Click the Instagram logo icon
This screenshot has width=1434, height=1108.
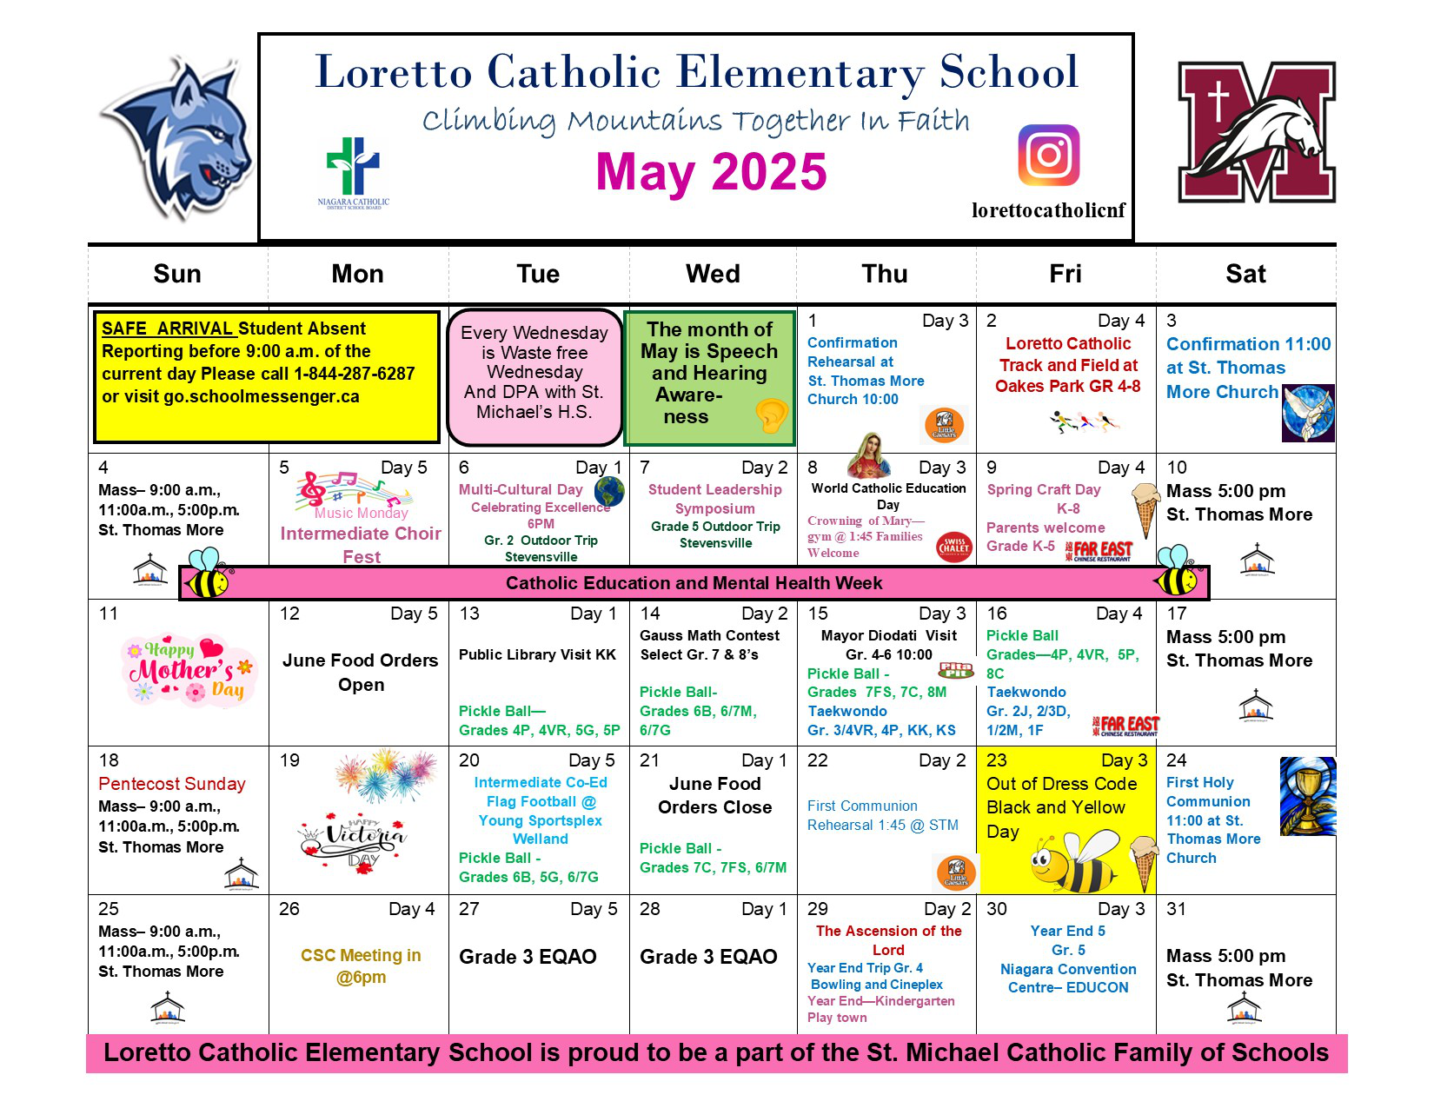pyautogui.click(x=1048, y=156)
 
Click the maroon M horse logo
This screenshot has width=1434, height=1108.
pyautogui.click(x=1256, y=131)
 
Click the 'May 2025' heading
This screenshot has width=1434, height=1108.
pyautogui.click(x=711, y=171)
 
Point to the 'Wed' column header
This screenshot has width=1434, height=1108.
pyautogui.click(x=713, y=274)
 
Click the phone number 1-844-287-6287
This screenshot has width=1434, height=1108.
pyautogui.click(x=355, y=374)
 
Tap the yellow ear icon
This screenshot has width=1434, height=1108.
pyautogui.click(x=770, y=415)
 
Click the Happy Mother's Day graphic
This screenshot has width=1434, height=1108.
pyautogui.click(x=189, y=669)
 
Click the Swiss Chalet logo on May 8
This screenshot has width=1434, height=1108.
pyautogui.click(x=953, y=547)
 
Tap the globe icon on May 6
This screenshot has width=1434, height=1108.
pyautogui.click(x=609, y=491)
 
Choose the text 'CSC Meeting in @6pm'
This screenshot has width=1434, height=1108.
pyautogui.click(x=361, y=966)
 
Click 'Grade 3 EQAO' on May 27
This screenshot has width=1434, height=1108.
pyautogui.click(x=528, y=957)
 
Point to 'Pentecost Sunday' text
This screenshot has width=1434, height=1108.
pyautogui.click(x=172, y=784)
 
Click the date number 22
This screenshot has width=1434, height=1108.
pyautogui.click(x=817, y=760)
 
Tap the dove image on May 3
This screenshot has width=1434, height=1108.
pyautogui.click(x=1308, y=413)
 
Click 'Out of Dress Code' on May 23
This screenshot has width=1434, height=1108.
pyautogui.click(x=1061, y=784)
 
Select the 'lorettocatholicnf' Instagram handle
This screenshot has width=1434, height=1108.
pyautogui.click(x=1048, y=210)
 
